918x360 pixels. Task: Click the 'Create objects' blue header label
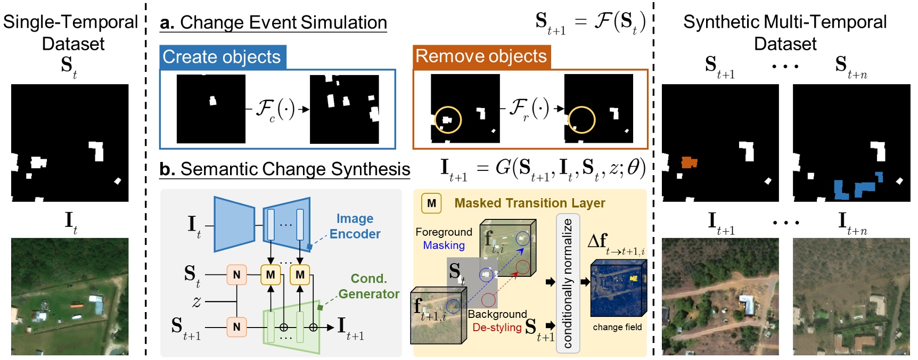[222, 57]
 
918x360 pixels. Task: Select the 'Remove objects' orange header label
[481, 56]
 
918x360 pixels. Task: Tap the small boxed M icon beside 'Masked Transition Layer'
[431, 203]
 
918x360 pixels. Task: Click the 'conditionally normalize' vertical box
[568, 283]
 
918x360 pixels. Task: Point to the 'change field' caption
[617, 327]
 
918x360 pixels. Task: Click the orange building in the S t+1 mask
[688, 162]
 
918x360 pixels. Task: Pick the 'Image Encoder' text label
[355, 226]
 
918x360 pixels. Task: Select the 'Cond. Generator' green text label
[368, 287]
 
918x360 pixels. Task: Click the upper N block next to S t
[236, 275]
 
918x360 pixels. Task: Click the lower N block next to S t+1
[236, 327]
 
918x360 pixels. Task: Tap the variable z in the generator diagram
[196, 301]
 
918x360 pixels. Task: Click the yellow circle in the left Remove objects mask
[448, 120]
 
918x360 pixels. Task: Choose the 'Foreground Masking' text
[444, 239]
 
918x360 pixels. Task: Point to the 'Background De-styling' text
[497, 321]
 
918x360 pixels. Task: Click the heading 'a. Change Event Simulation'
[273, 23]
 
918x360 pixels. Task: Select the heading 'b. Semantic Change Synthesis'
[285, 169]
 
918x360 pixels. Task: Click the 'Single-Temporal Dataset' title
[71, 32]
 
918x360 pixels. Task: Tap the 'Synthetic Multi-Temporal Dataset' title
[785, 32]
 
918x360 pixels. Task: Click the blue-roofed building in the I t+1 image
[748, 305]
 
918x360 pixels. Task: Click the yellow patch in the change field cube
[634, 279]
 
